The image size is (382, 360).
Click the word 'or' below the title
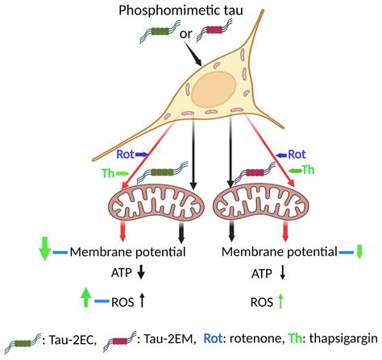tap(185, 34)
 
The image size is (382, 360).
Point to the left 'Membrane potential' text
tap(129, 253)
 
